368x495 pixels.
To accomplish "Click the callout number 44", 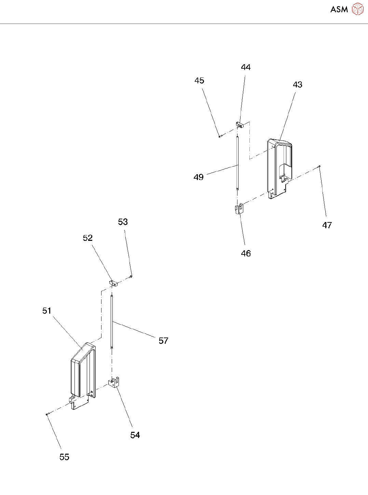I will (x=246, y=67).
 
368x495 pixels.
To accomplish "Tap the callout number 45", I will (x=199, y=81).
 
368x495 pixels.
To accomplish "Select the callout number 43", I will (x=297, y=85).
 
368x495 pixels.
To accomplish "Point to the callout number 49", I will (x=199, y=177).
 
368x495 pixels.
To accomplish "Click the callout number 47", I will (x=327, y=225).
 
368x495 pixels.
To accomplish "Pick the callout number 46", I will (x=246, y=253).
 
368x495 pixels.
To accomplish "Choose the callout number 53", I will (x=123, y=222).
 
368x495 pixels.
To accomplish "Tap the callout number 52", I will (x=88, y=238).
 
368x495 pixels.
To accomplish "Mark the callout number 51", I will (x=47, y=311).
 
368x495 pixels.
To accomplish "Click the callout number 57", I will (x=163, y=341).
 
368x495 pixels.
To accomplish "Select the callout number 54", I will (x=135, y=435).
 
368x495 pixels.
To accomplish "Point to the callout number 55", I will (x=64, y=457).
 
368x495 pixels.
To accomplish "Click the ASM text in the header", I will (x=339, y=10).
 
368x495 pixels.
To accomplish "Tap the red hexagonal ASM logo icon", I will (x=358, y=9).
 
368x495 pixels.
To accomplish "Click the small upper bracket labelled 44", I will (x=240, y=124).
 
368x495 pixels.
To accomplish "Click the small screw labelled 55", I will (x=47, y=414).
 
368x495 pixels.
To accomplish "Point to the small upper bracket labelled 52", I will (x=113, y=283).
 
